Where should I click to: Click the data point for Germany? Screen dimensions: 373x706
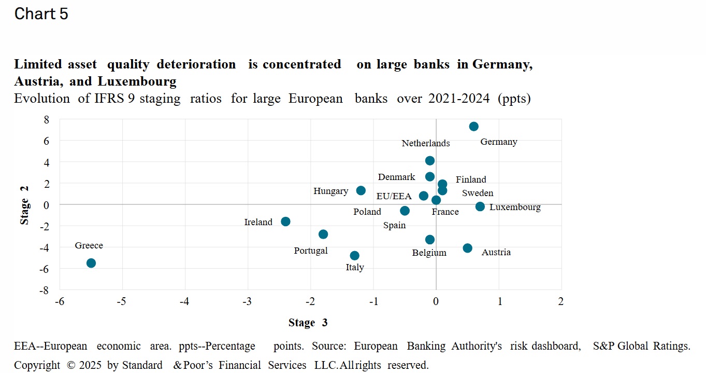473,127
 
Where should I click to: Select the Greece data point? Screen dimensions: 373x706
91,263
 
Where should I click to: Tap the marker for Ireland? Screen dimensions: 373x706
285,222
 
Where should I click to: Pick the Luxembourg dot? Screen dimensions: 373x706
480,206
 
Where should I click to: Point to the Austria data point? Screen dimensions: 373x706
467,248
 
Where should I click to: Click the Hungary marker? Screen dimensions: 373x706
361,190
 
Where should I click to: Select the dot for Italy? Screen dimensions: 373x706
354,256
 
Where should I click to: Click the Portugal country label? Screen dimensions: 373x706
311,251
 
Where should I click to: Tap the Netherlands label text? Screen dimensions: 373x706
426,143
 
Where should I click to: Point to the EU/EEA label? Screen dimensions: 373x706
394,196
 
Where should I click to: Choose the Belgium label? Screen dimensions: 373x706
429,253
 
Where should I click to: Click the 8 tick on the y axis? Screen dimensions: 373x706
46,119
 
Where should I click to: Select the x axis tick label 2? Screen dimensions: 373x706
560,301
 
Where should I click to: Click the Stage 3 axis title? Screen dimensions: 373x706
308,323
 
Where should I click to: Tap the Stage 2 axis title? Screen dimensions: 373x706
24,205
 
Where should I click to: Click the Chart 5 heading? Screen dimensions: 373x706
41,14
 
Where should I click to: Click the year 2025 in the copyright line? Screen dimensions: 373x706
91,365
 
